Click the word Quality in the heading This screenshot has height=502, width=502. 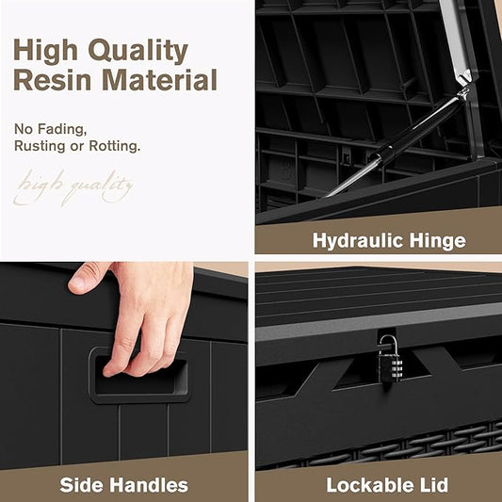(138, 50)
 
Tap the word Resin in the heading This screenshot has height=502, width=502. (53, 80)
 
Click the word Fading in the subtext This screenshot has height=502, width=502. (62, 129)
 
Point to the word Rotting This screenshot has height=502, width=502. (115, 146)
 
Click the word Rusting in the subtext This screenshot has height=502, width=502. (40, 146)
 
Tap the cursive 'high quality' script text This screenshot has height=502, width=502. (73, 188)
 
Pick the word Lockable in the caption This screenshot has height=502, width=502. (370, 485)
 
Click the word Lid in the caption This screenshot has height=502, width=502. (434, 485)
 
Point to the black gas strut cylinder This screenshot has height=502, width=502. (416, 128)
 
